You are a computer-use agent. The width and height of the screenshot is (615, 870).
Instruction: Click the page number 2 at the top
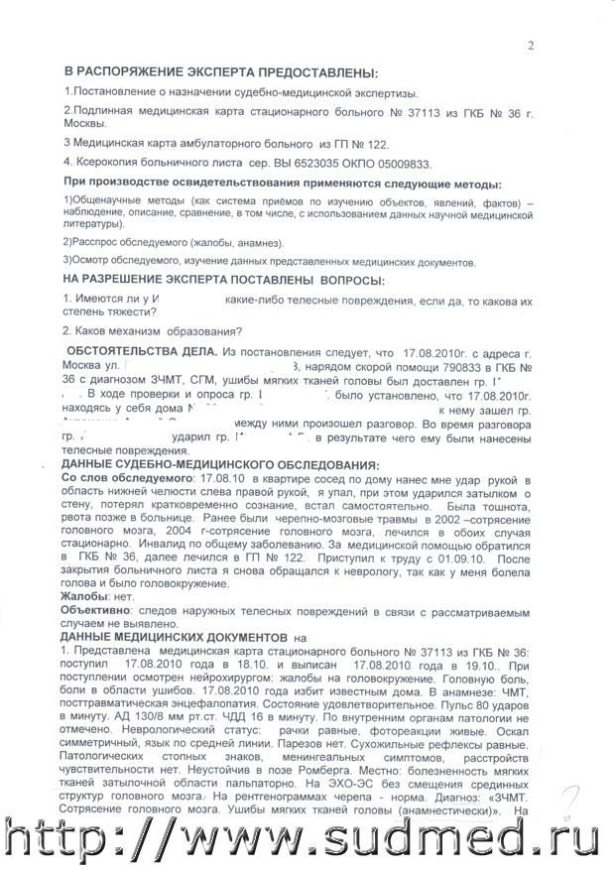531,45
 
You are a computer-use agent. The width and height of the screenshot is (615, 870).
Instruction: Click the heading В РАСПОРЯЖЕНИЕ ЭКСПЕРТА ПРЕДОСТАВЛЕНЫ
220,74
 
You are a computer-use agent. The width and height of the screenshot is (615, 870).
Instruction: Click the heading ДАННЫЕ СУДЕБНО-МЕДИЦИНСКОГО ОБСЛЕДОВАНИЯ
219,466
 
